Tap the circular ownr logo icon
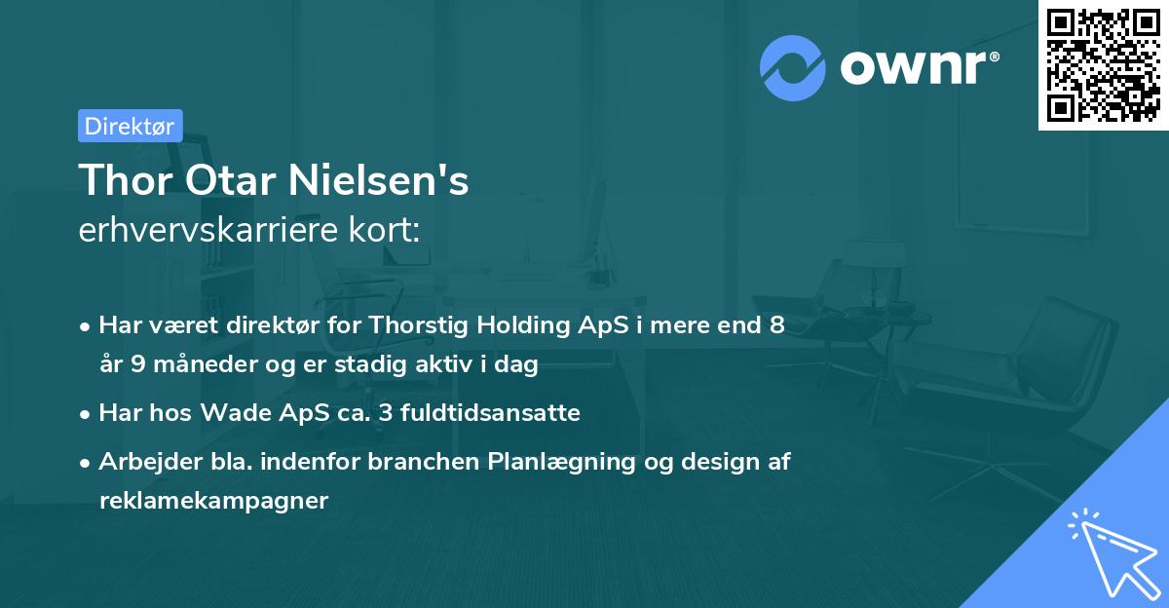793,67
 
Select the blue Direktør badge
130,126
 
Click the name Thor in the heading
118,180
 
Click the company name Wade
231,413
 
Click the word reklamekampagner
214,501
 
